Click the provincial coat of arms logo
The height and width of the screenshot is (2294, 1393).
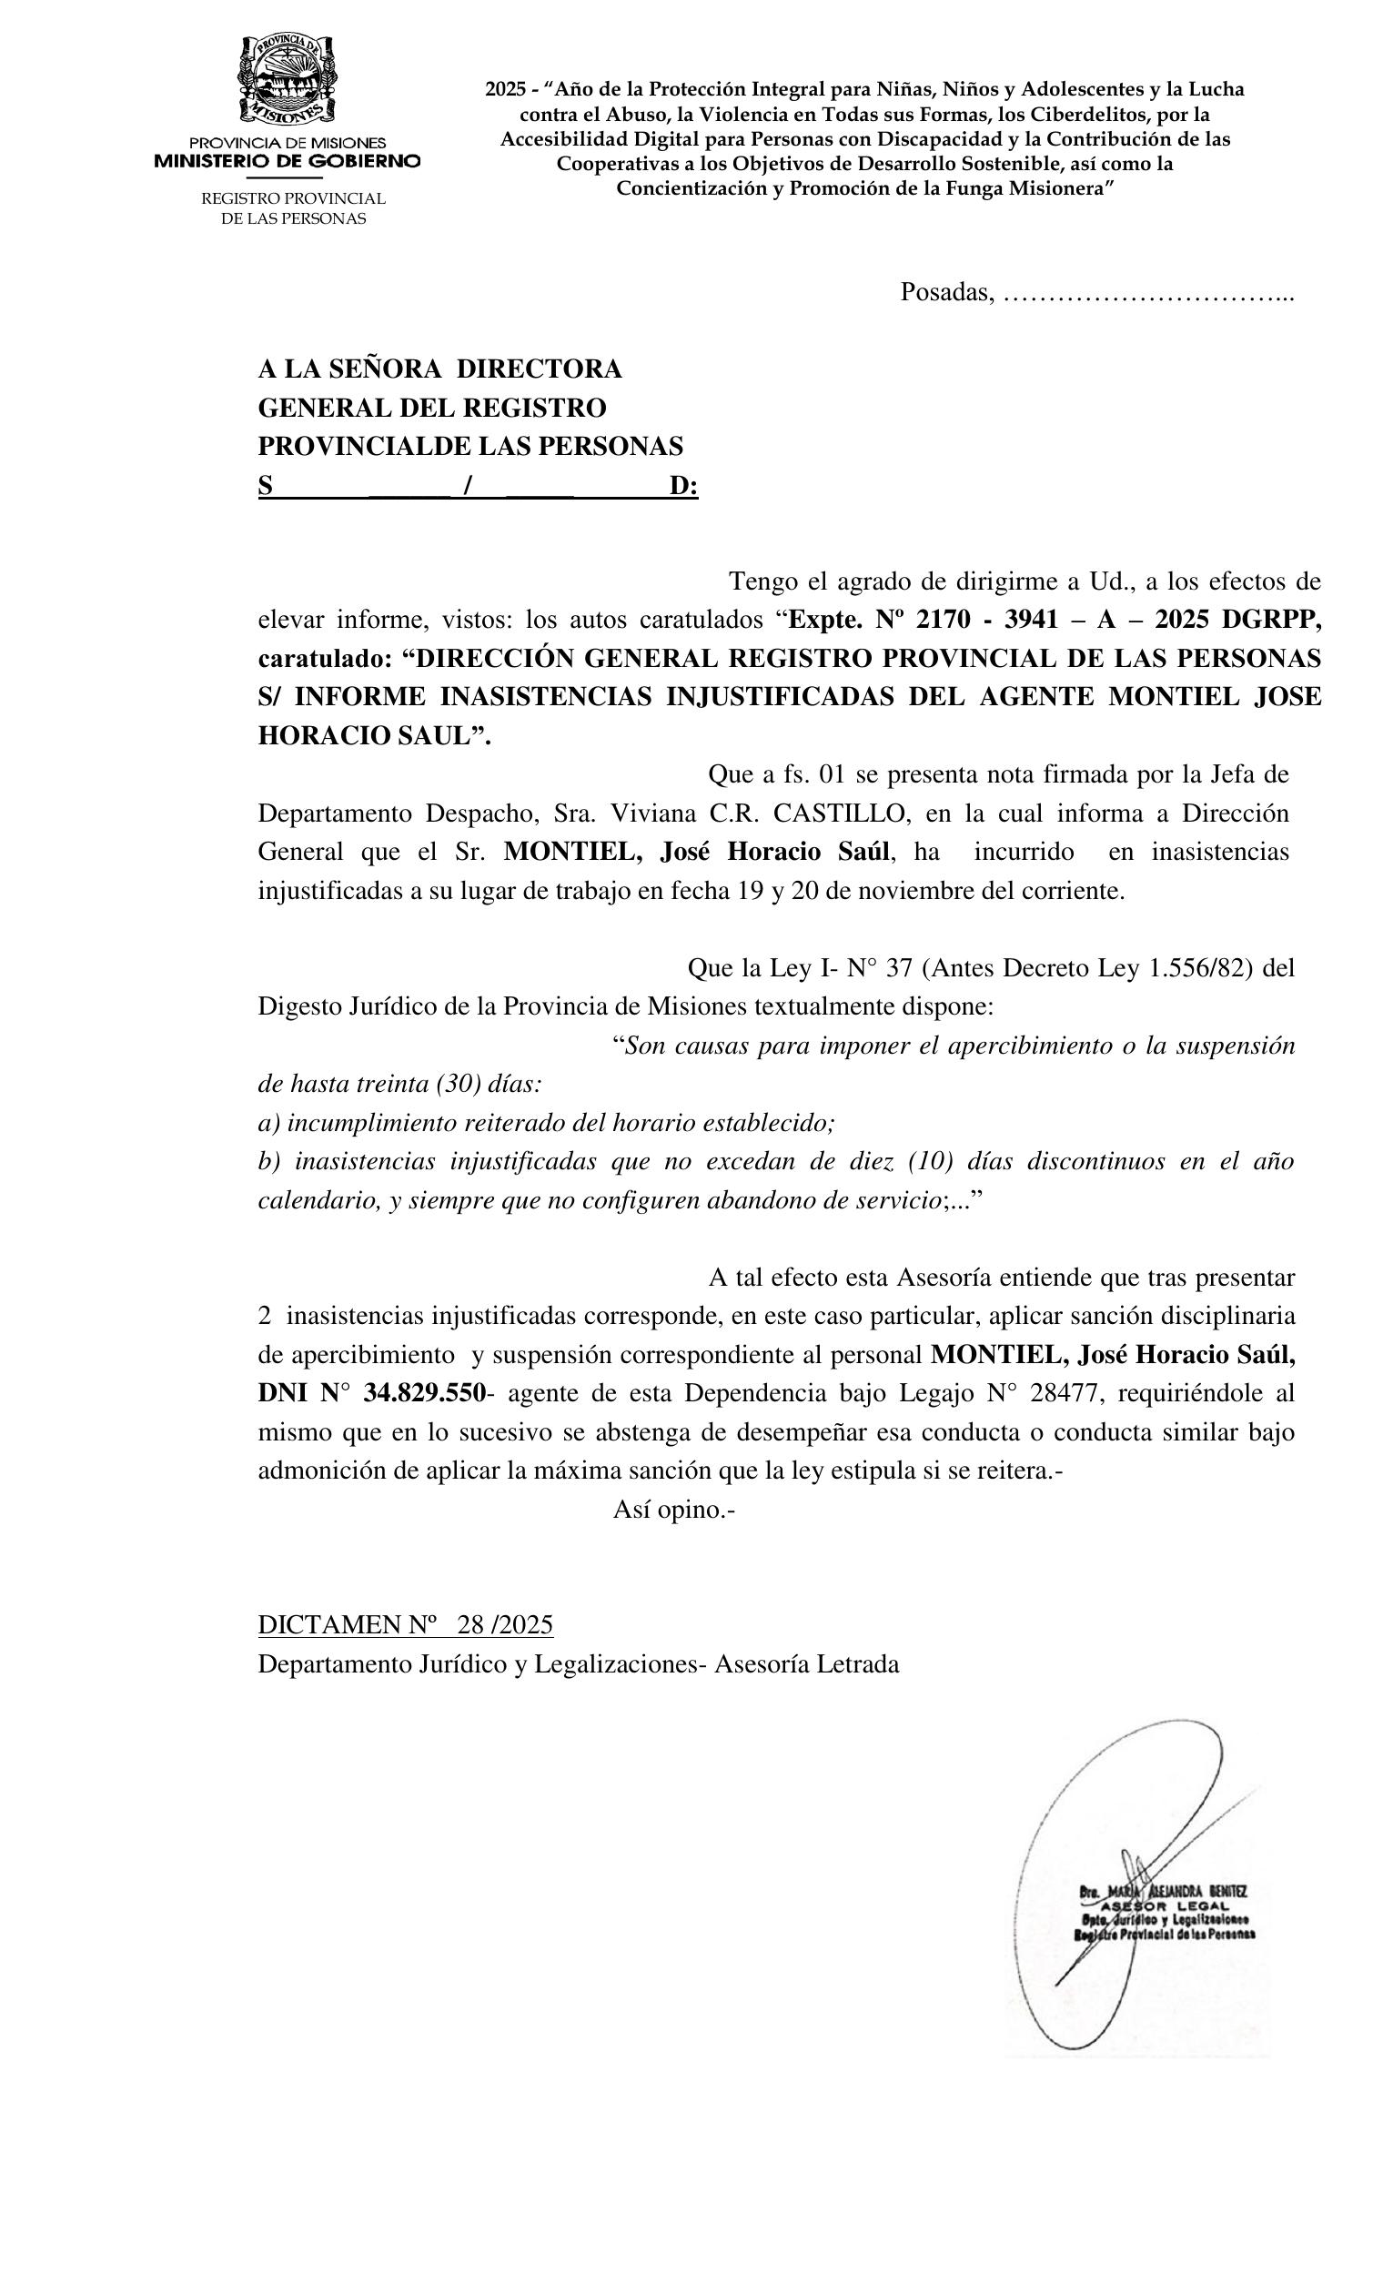click(x=288, y=81)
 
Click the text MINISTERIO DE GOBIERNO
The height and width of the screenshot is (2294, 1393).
click(x=287, y=161)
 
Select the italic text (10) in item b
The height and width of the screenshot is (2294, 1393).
click(x=931, y=1161)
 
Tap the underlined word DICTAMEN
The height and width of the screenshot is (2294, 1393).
click(x=328, y=1624)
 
